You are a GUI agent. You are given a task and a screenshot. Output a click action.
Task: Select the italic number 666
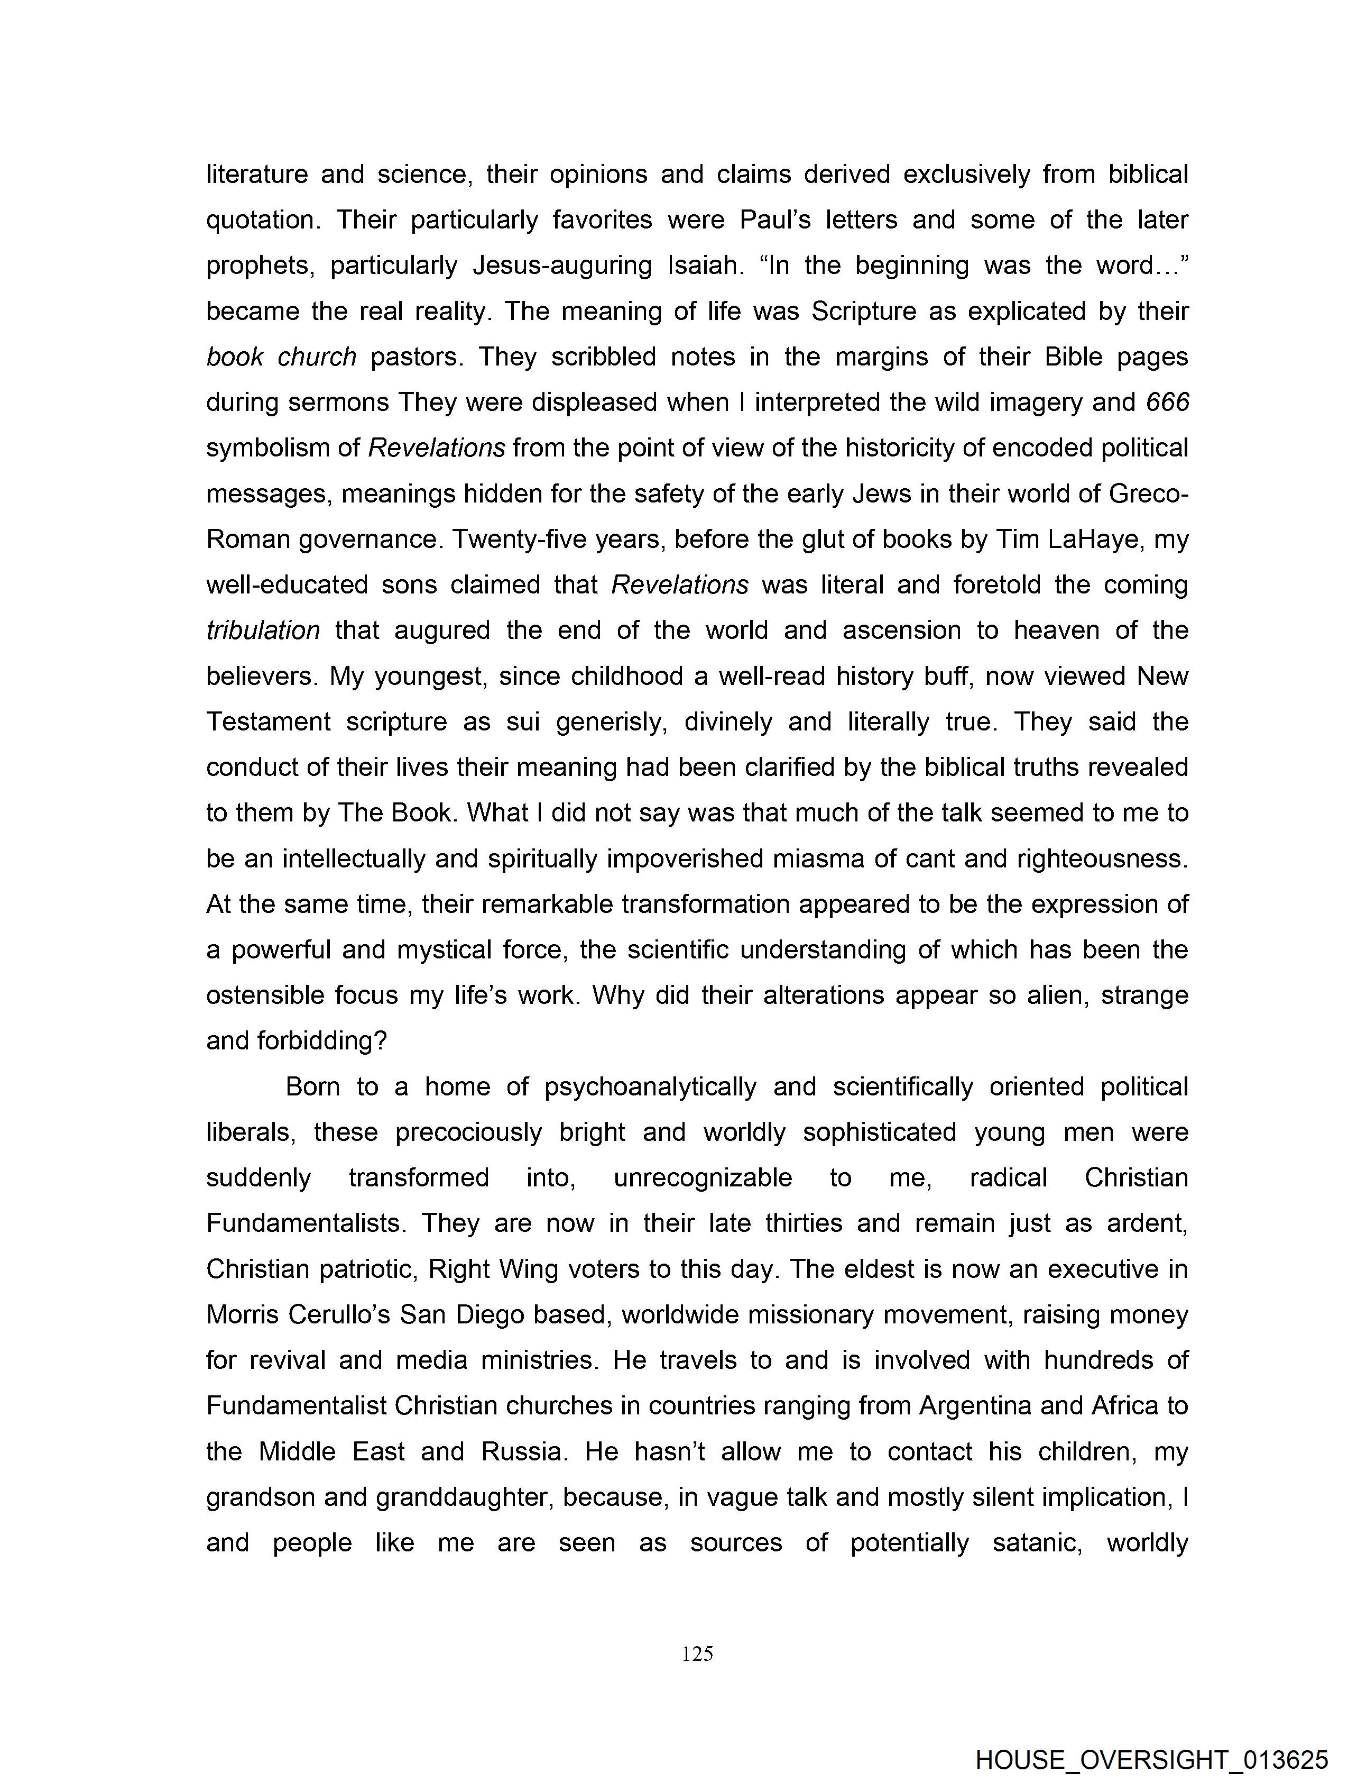point(1167,402)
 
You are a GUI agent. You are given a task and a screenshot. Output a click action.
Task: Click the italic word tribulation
point(263,630)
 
